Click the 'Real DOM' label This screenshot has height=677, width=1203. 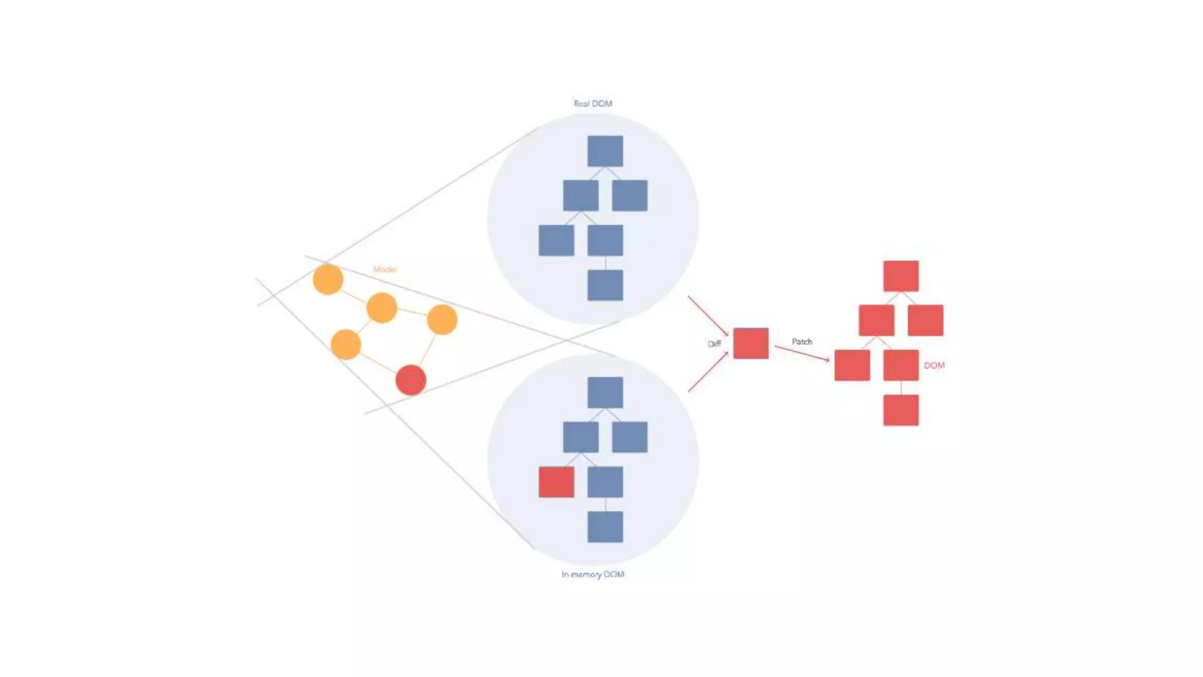[x=593, y=103]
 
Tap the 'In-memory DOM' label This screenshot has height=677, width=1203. [x=593, y=574]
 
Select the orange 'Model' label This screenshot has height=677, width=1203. [x=385, y=269]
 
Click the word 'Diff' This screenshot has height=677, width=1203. [x=714, y=344]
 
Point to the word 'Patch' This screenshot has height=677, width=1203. [x=802, y=341]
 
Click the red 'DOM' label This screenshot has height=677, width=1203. [x=934, y=366]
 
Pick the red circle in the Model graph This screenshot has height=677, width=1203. [x=411, y=380]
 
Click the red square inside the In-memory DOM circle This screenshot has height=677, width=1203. [x=556, y=482]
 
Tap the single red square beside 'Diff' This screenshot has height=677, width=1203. [x=751, y=343]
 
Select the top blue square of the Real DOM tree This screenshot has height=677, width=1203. [x=605, y=151]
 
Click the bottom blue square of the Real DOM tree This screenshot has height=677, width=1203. [x=605, y=286]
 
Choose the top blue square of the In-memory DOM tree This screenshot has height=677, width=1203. [x=605, y=392]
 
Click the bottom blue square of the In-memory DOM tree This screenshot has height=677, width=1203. [x=605, y=527]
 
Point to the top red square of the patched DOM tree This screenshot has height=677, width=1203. [x=900, y=276]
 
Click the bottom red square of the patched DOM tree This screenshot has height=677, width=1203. [x=900, y=410]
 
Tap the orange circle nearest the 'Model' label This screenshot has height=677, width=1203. [x=328, y=279]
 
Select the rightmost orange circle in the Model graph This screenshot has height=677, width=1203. [x=442, y=320]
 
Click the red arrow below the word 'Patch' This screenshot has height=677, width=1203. [x=802, y=353]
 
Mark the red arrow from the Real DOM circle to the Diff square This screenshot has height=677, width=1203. [x=708, y=316]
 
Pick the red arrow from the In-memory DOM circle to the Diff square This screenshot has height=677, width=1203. [x=708, y=372]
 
